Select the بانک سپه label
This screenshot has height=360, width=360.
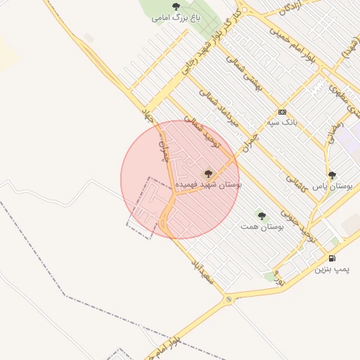tap(281, 122)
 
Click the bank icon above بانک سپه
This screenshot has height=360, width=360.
tap(283, 112)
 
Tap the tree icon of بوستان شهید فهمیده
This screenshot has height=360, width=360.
tap(207, 173)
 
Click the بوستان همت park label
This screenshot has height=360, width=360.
tap(261, 227)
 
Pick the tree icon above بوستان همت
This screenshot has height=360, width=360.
tap(262, 216)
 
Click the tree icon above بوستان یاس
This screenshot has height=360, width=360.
tap(332, 175)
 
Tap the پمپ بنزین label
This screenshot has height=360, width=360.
tap(332, 269)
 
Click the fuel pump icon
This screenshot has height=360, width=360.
tap(332, 258)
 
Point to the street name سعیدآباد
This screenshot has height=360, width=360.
tap(202, 270)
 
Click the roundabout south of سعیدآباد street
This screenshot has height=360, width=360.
tap(229, 300)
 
